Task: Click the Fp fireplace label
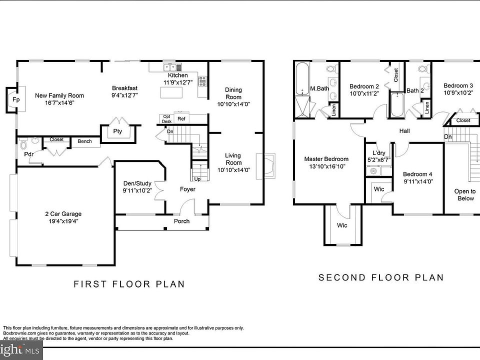point(16,99)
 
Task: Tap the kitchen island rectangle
point(171,92)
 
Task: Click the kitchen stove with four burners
point(202,81)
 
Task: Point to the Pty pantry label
point(117,131)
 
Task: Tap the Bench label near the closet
point(85,141)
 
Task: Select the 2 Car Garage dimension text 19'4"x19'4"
point(63,221)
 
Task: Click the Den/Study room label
point(137,183)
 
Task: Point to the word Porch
point(182,221)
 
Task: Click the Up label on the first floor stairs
point(197,179)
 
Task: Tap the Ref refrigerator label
point(181,119)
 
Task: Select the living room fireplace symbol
point(265,166)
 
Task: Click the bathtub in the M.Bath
point(303,78)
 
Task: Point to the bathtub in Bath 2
point(397,104)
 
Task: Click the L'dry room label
point(379,153)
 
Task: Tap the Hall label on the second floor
point(404,131)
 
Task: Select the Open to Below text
point(465,194)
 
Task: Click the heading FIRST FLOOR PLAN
point(129,284)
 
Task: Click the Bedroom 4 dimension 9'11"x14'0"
point(418,181)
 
